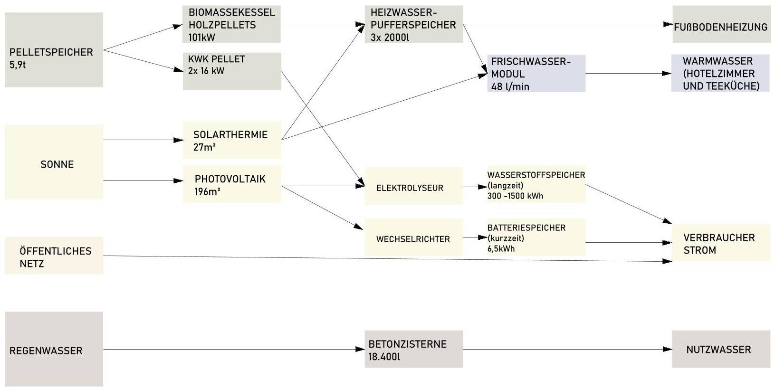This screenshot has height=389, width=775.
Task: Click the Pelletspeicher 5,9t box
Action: [x=54, y=50]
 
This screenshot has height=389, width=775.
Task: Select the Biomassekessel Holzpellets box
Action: [x=231, y=24]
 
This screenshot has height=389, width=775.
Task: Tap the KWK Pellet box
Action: [x=232, y=71]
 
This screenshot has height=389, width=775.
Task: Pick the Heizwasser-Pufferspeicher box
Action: [x=413, y=24]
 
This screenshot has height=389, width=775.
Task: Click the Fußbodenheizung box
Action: [x=720, y=27]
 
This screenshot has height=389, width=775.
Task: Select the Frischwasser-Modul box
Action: [x=536, y=74]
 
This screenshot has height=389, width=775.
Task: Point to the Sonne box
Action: [x=54, y=162]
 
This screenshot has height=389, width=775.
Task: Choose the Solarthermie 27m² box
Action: [x=232, y=140]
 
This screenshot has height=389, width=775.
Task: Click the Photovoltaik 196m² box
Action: [x=232, y=184]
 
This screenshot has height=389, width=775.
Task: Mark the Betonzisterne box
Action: [x=413, y=350]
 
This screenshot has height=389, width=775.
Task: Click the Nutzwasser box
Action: [x=720, y=350]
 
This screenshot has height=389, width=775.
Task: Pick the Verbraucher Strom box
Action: [x=720, y=243]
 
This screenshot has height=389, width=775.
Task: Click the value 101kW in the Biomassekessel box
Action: [x=201, y=37]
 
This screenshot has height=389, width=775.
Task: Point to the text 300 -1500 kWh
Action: [x=515, y=196]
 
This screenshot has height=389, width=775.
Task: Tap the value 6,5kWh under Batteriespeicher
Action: [x=501, y=248]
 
